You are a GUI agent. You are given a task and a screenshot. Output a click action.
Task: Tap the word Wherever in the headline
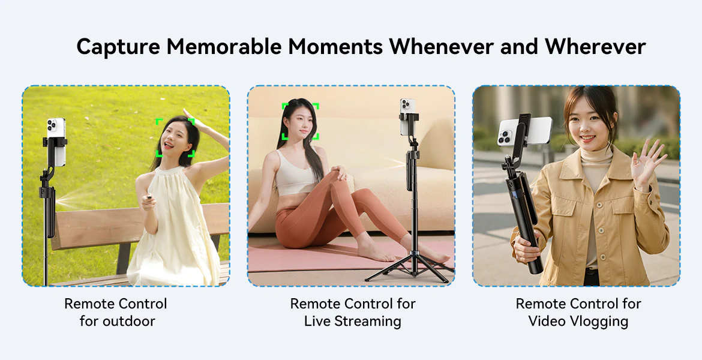pyautogui.click(x=595, y=46)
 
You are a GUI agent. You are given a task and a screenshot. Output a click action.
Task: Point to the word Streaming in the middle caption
pyautogui.click(x=367, y=321)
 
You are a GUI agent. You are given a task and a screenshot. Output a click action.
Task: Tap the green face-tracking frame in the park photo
pyautogui.click(x=175, y=137)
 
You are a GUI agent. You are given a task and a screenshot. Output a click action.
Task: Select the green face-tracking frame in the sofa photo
pyautogui.click(x=300, y=121)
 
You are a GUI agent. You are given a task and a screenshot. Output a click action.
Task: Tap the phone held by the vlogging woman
pyautogui.click(x=523, y=131)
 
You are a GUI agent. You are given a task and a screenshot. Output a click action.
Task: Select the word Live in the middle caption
pyautogui.click(x=317, y=321)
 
